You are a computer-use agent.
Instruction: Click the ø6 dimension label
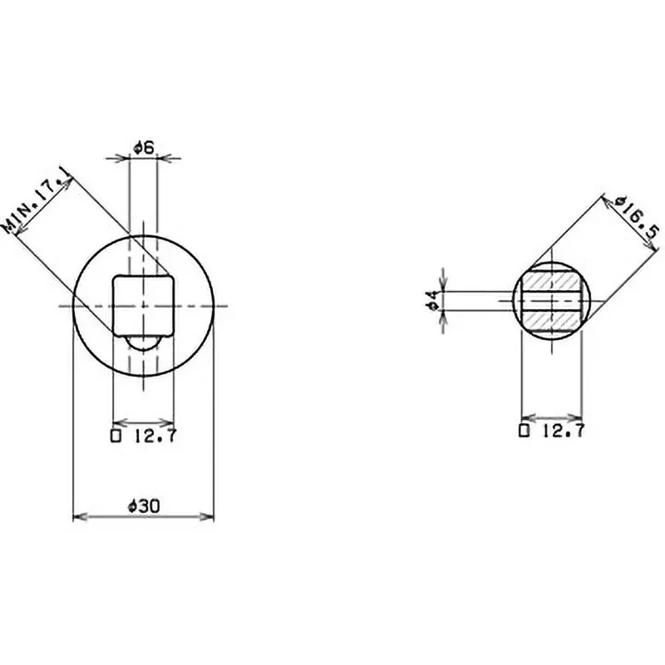point(143,147)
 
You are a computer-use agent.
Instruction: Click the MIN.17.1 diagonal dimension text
point(37,200)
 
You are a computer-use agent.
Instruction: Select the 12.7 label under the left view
point(150,433)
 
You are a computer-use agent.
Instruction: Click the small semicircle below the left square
point(143,341)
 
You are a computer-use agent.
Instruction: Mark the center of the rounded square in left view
point(143,304)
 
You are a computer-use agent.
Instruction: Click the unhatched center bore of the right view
point(551,300)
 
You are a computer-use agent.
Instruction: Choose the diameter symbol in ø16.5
point(617,202)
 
